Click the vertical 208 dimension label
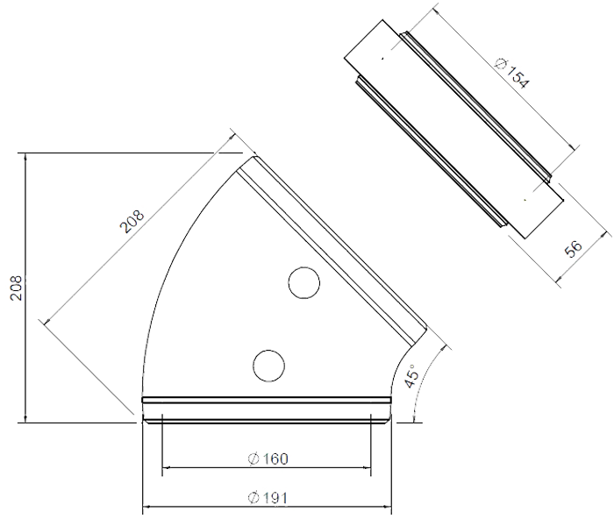click(17, 288)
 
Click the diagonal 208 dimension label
click(132, 222)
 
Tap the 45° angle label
click(411, 375)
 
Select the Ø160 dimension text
click(268, 459)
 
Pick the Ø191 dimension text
click(268, 498)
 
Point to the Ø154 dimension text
click(512, 73)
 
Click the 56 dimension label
click(574, 248)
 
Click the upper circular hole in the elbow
click(303, 283)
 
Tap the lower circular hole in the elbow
click(268, 366)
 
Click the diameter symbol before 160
click(253, 459)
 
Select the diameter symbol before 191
click(253, 498)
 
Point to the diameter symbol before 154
click(501, 63)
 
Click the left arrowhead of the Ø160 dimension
click(166, 467)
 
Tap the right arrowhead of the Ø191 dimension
click(388, 507)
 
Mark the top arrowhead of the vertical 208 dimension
click(25, 157)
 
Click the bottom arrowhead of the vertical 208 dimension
click(25, 418)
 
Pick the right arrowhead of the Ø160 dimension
click(367, 467)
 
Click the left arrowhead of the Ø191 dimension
click(146, 507)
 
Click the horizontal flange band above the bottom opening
click(267, 400)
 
